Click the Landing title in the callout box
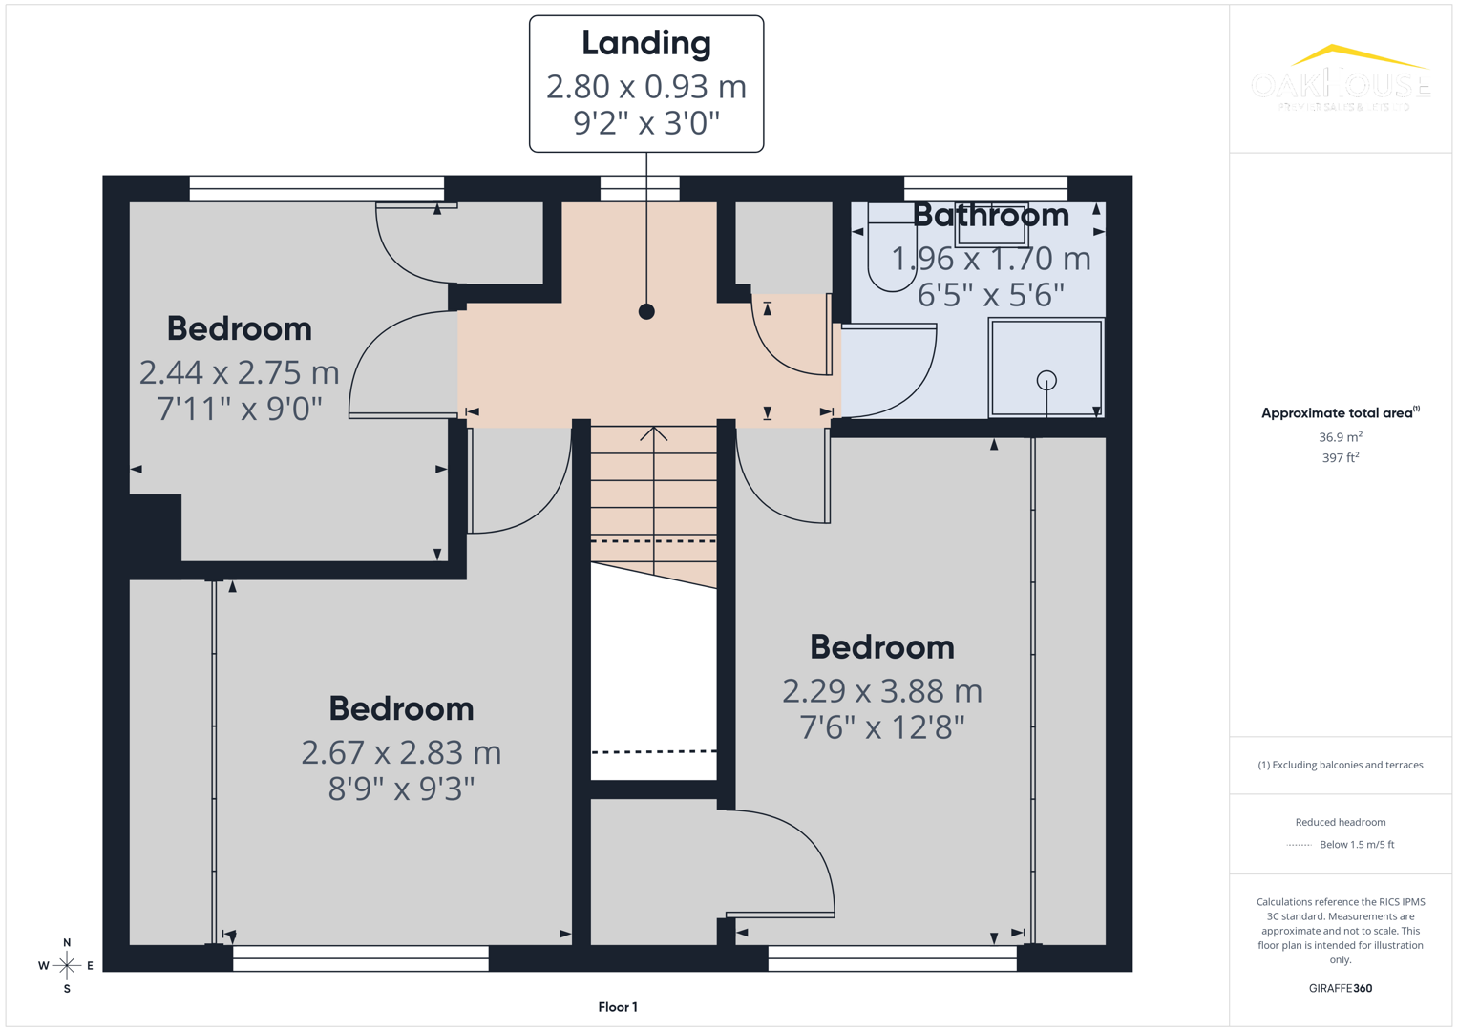pyautogui.click(x=646, y=43)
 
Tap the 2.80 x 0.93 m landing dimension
pyautogui.click(x=646, y=87)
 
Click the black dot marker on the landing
pyautogui.click(x=646, y=311)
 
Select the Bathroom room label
pyautogui.click(x=990, y=215)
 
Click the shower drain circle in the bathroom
pyautogui.click(x=1046, y=380)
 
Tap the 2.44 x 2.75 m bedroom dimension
pyautogui.click(x=239, y=372)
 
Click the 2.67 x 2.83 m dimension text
pyautogui.click(x=401, y=753)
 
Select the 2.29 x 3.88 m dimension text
pyautogui.click(x=881, y=691)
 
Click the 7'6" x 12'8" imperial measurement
pyautogui.click(x=881, y=728)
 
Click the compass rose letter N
pyautogui.click(x=67, y=943)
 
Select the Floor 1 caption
pyautogui.click(x=618, y=1007)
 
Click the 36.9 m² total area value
pyautogui.click(x=1340, y=437)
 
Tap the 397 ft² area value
pyautogui.click(x=1340, y=458)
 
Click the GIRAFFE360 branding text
pyautogui.click(x=1340, y=989)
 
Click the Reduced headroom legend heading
pyautogui.click(x=1340, y=822)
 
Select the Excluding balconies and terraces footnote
pyautogui.click(x=1340, y=765)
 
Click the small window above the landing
pyautogui.click(x=640, y=188)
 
